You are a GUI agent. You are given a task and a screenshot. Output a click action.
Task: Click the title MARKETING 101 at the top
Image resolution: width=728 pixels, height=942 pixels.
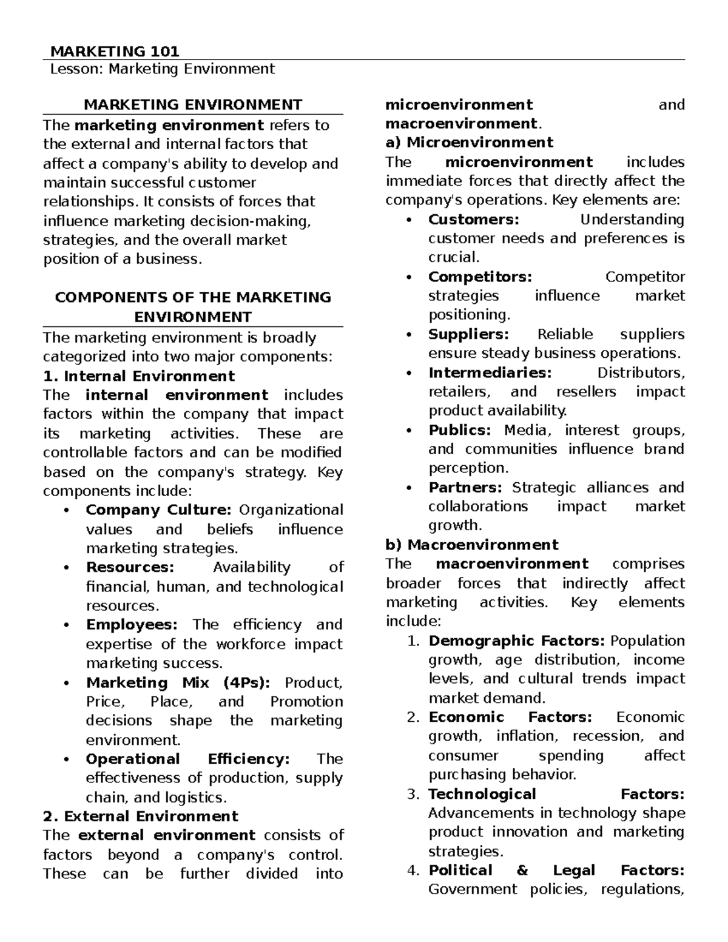point(114,52)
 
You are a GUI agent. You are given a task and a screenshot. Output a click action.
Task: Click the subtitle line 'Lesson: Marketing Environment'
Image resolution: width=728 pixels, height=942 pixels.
point(162,69)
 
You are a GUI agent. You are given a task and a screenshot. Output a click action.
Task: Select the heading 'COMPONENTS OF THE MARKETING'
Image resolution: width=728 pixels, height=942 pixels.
point(193,297)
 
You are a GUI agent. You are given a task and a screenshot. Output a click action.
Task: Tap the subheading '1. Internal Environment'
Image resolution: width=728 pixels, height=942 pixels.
point(139,376)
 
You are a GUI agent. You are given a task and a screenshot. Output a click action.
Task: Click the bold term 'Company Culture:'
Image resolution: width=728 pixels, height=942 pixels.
point(158,510)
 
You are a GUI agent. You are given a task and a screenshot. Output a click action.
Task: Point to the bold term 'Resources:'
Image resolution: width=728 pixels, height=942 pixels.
point(130,567)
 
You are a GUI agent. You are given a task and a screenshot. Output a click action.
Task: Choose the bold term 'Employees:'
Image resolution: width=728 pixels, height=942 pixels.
point(132,625)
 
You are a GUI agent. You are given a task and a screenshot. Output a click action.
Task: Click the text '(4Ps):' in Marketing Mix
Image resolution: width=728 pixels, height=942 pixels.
point(247,682)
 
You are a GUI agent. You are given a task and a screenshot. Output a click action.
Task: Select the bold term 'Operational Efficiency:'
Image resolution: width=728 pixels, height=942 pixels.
point(187,759)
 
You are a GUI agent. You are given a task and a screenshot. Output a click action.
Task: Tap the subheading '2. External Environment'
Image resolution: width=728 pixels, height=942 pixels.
point(141,816)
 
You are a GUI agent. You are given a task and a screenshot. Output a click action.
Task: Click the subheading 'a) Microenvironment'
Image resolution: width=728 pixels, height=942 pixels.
point(469,143)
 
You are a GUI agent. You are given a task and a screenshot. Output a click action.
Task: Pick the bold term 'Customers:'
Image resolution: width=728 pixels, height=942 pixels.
point(473,219)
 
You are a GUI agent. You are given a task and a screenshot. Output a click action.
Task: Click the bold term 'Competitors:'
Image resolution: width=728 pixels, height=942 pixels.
point(480,277)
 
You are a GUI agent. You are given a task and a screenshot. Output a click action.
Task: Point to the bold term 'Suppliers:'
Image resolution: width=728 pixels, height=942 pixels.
point(468,334)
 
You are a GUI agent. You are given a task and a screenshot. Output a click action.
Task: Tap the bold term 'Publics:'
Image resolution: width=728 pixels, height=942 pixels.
point(459,430)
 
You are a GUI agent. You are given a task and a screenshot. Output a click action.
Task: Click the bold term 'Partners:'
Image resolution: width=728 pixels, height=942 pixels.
point(465,488)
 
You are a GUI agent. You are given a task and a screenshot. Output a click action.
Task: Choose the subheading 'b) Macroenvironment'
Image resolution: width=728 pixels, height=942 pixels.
point(472,545)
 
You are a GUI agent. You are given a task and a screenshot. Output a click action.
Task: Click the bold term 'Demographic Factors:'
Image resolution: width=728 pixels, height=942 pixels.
point(516,641)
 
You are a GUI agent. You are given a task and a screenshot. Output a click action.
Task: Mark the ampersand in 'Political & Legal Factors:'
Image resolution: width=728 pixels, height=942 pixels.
point(522,870)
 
